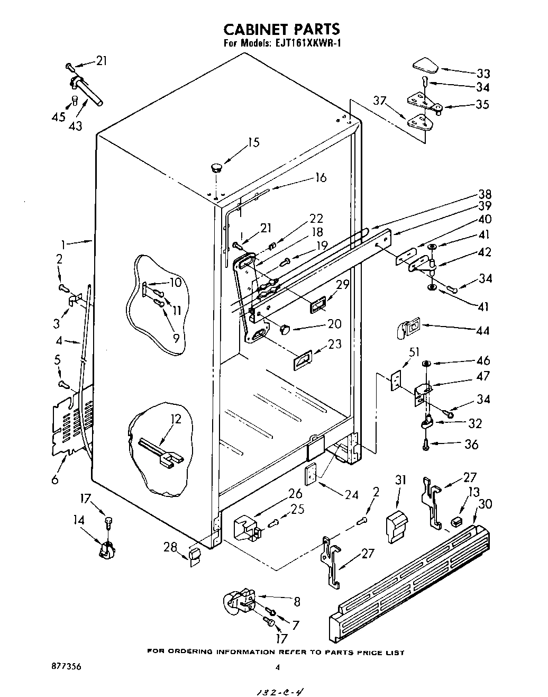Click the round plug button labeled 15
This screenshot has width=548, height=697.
[216, 168]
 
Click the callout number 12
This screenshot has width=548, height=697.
[176, 419]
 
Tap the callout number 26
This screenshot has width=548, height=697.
[295, 494]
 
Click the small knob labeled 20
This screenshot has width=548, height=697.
[285, 329]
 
